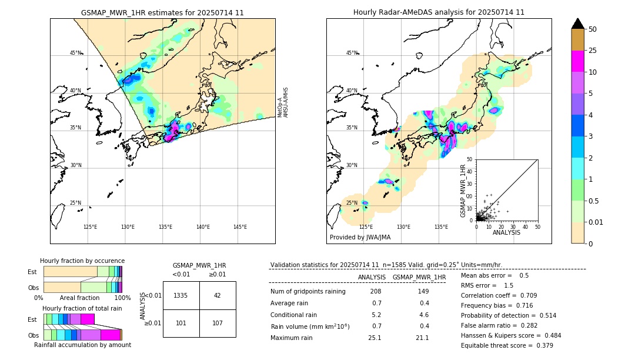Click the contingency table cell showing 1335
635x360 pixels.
(181, 295)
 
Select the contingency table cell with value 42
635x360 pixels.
(218, 295)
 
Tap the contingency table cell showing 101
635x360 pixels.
(181, 323)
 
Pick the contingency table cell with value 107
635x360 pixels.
(218, 323)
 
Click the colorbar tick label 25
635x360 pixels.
(593, 51)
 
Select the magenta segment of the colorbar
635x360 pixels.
(578, 61)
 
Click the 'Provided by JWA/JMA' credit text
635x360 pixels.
(360, 237)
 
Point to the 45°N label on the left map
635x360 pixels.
(75, 53)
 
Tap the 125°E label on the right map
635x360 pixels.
(366, 227)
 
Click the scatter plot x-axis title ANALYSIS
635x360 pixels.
(506, 232)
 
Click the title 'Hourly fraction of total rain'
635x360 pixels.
(82, 308)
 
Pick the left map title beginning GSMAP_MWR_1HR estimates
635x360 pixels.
(162, 12)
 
